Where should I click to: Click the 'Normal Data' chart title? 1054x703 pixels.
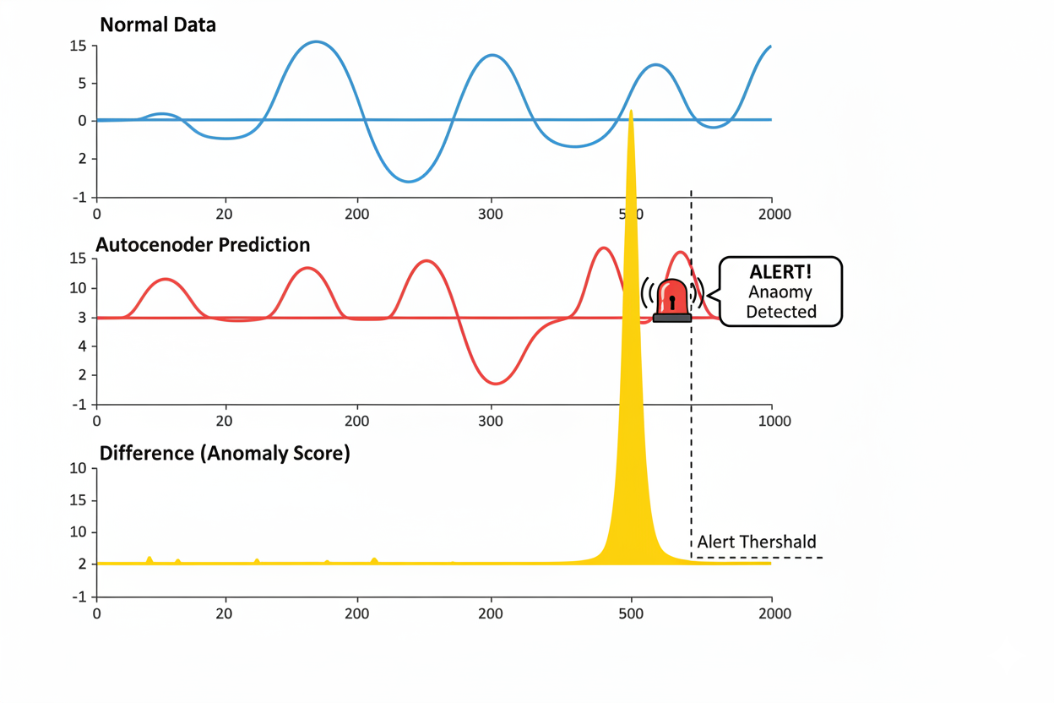click(x=157, y=25)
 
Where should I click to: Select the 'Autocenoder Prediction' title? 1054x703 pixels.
click(x=203, y=245)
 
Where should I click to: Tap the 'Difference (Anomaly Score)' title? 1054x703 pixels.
click(x=225, y=454)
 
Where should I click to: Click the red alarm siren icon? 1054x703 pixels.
click(x=672, y=300)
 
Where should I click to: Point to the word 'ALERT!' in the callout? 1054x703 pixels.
click(x=780, y=273)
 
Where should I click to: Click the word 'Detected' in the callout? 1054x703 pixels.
click(x=780, y=312)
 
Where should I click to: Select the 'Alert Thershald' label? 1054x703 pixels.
click(x=756, y=542)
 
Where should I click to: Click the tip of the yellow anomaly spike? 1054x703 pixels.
click(x=631, y=112)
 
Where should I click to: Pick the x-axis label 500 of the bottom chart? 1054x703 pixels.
click(x=631, y=613)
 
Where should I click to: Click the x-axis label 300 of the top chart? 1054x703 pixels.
click(x=491, y=215)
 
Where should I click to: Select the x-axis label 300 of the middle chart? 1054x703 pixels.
click(x=491, y=421)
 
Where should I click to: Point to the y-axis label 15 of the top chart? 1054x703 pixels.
click(x=78, y=46)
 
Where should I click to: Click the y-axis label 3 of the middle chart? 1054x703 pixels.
click(x=82, y=318)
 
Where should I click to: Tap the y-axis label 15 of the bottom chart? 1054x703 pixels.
click(x=78, y=500)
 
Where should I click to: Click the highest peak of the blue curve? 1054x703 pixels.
click(x=316, y=41)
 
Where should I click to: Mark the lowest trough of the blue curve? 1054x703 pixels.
click(x=408, y=182)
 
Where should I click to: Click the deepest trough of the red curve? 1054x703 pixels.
click(x=496, y=384)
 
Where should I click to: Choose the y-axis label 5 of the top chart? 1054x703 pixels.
click(x=82, y=83)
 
